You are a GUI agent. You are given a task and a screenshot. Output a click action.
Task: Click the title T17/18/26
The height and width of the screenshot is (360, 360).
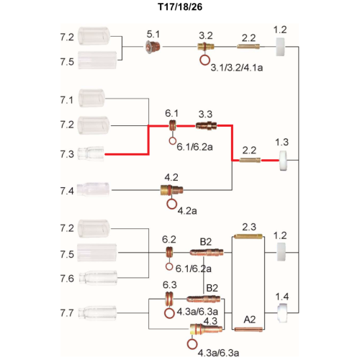pyautogui.click(x=180, y=6)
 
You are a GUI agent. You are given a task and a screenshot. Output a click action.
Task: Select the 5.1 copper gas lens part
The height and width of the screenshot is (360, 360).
pyautogui.click(x=153, y=47)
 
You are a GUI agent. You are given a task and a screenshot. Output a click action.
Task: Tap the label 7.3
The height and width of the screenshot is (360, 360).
pyautogui.click(x=67, y=154)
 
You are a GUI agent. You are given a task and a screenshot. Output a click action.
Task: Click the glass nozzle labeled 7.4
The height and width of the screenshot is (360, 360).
pyautogui.click(x=94, y=189)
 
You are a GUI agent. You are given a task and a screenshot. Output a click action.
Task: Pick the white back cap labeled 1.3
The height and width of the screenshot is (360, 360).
pyautogui.click(x=283, y=161)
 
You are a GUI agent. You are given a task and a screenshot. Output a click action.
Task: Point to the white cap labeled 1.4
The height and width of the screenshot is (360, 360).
pyautogui.click(x=282, y=313)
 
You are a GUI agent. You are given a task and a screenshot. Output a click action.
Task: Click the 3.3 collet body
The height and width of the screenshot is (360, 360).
pyautogui.click(x=207, y=125)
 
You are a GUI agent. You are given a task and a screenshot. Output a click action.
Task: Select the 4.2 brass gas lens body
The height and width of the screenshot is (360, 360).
pyautogui.click(x=171, y=190)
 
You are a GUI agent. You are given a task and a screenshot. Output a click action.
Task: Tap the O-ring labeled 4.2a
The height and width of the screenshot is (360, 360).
pyautogui.click(x=171, y=204)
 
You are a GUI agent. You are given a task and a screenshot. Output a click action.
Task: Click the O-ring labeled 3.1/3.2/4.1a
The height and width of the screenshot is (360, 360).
pyautogui.click(x=204, y=60)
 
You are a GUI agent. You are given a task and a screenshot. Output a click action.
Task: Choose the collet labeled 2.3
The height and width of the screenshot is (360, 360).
pyautogui.click(x=248, y=236)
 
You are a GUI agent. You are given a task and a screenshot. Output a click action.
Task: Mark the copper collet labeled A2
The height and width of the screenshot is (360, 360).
pyautogui.click(x=248, y=329)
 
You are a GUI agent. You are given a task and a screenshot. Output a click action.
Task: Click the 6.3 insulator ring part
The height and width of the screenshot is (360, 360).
pyautogui.click(x=169, y=299)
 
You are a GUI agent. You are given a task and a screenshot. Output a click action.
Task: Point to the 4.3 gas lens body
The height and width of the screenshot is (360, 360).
pyautogui.click(x=206, y=329)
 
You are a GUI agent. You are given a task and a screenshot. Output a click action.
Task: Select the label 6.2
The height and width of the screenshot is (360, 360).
pyautogui.click(x=169, y=239)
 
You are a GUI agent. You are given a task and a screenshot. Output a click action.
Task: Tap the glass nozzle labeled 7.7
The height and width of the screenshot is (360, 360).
pyautogui.click(x=97, y=313)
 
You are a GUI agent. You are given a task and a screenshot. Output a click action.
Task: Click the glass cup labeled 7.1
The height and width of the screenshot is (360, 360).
pyautogui.click(x=91, y=98)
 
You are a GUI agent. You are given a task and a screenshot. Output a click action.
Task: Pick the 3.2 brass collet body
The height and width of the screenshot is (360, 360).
pyautogui.click(x=206, y=46)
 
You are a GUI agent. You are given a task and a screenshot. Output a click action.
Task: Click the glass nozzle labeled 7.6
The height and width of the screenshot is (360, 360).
pyautogui.click(x=98, y=278)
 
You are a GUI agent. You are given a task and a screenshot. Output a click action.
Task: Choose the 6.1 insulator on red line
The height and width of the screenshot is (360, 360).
pyautogui.click(x=172, y=125)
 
